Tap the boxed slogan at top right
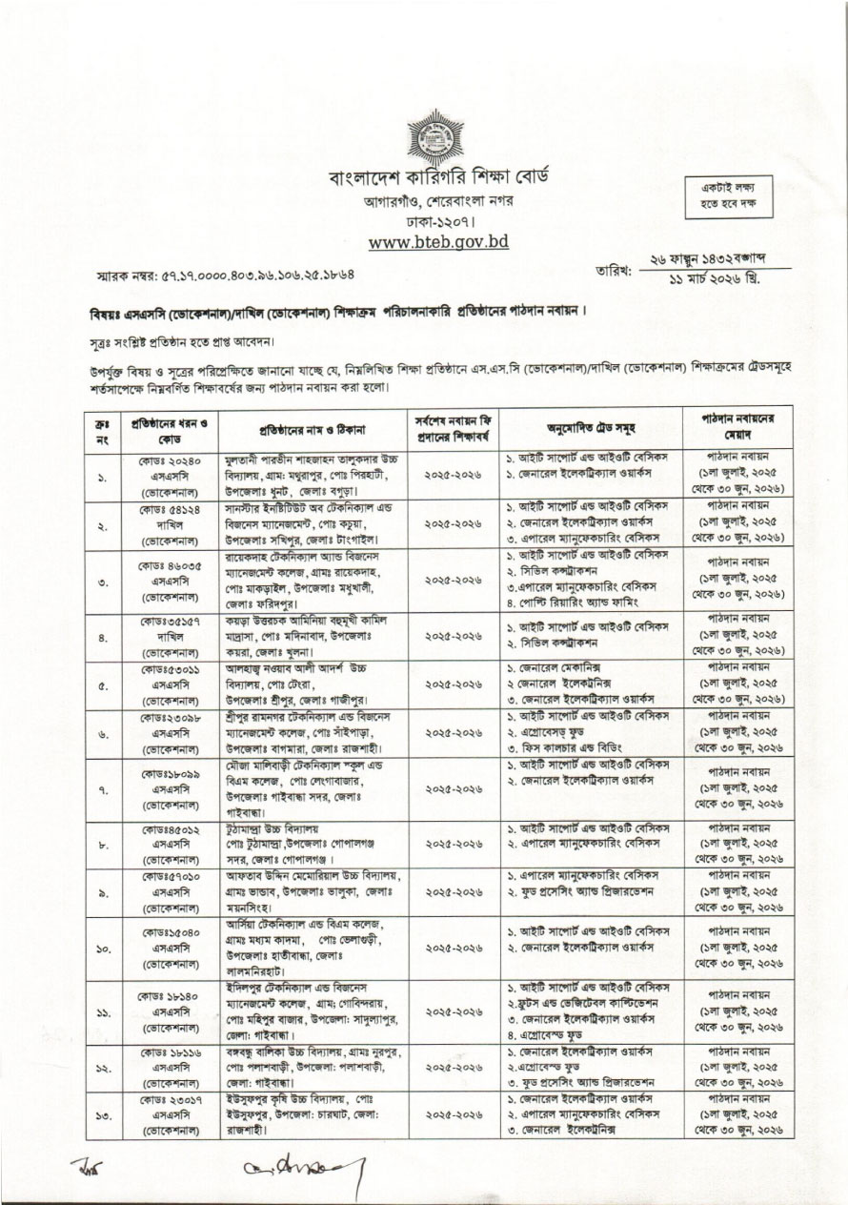732,197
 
